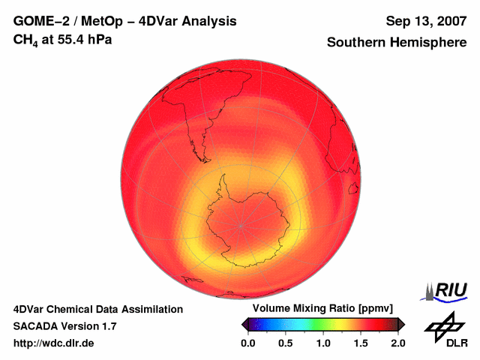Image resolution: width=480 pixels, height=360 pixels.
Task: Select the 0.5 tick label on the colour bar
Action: coord(285,343)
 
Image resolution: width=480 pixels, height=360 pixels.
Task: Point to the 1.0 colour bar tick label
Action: coord(323,343)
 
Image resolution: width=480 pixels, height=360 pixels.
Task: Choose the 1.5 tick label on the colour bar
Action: coord(361,343)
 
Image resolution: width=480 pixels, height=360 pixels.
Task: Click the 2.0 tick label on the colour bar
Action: coord(398,343)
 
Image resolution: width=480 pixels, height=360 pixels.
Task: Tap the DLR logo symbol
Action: coord(442,327)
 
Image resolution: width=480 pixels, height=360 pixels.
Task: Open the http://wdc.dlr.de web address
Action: coord(55,343)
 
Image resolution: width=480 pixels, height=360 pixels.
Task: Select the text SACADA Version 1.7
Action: coord(64,326)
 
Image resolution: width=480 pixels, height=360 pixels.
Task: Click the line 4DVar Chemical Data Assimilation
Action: coord(98,309)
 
